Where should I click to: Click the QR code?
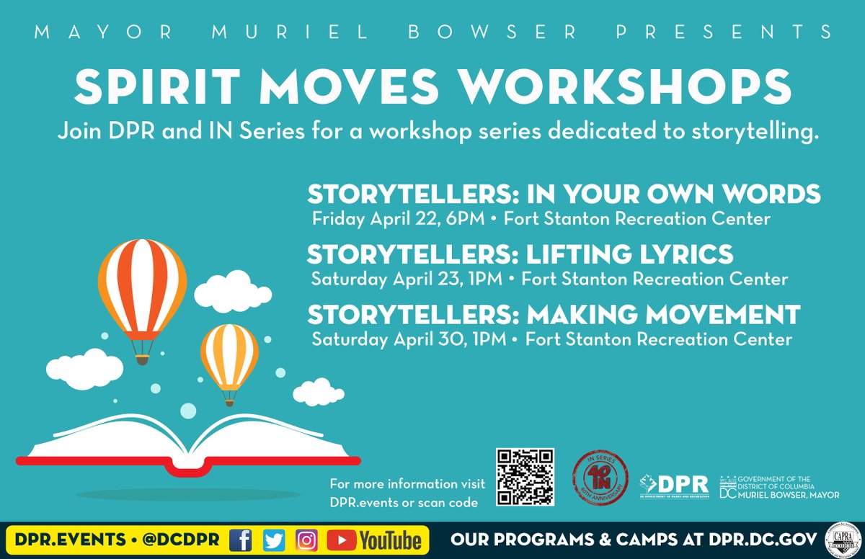point(525,476)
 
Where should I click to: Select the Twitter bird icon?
point(274,540)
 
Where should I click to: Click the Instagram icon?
point(306,540)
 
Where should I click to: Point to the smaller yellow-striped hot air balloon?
point(229,356)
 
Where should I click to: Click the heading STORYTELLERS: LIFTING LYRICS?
point(520,254)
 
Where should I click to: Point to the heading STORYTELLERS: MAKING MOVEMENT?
point(554,315)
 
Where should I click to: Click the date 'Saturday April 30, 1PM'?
point(409,339)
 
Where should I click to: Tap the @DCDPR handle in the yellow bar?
point(182,540)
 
